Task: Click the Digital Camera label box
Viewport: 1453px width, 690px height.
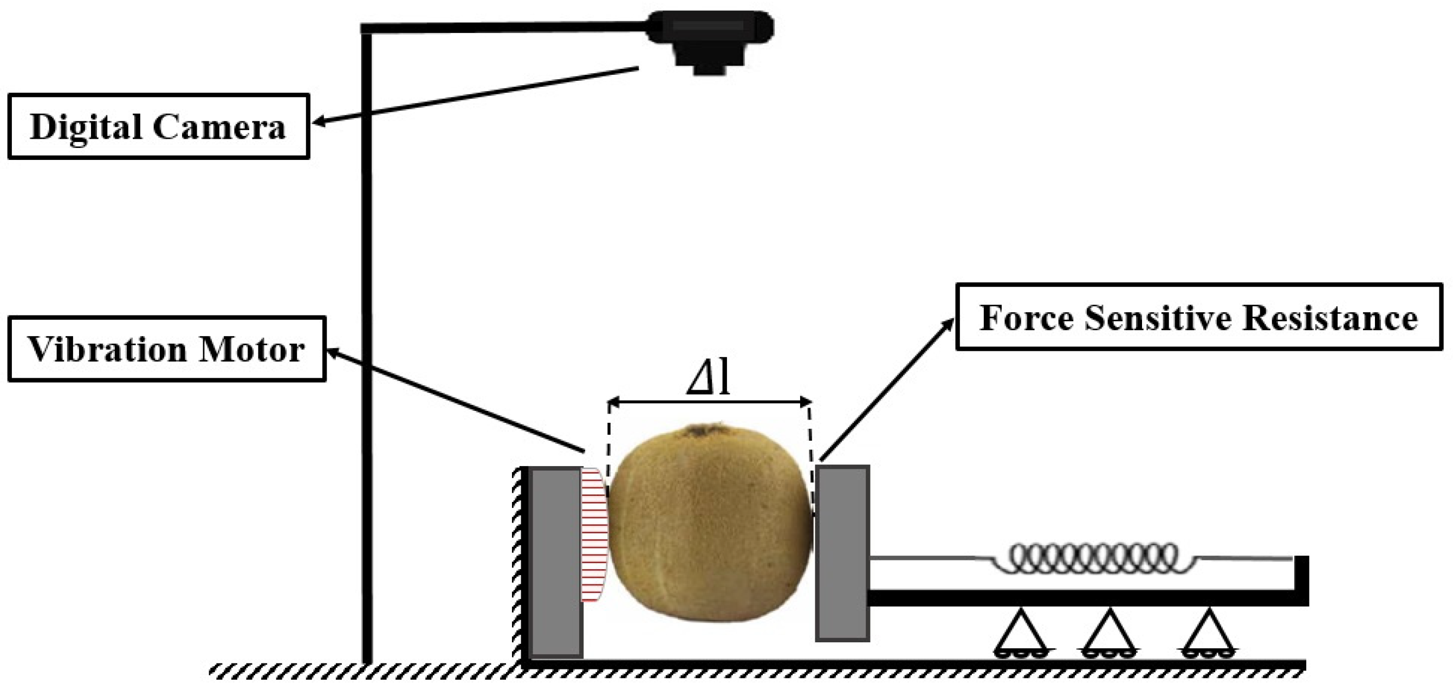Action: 158,126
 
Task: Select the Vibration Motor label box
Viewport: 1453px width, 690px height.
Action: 166,349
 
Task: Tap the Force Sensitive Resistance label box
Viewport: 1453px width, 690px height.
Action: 1198,317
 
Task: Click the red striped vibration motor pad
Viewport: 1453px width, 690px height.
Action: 593,533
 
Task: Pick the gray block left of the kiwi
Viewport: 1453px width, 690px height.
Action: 556,562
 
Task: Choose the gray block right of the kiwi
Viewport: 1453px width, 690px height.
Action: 842,553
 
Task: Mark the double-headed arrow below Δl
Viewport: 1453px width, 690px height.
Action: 709,402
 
